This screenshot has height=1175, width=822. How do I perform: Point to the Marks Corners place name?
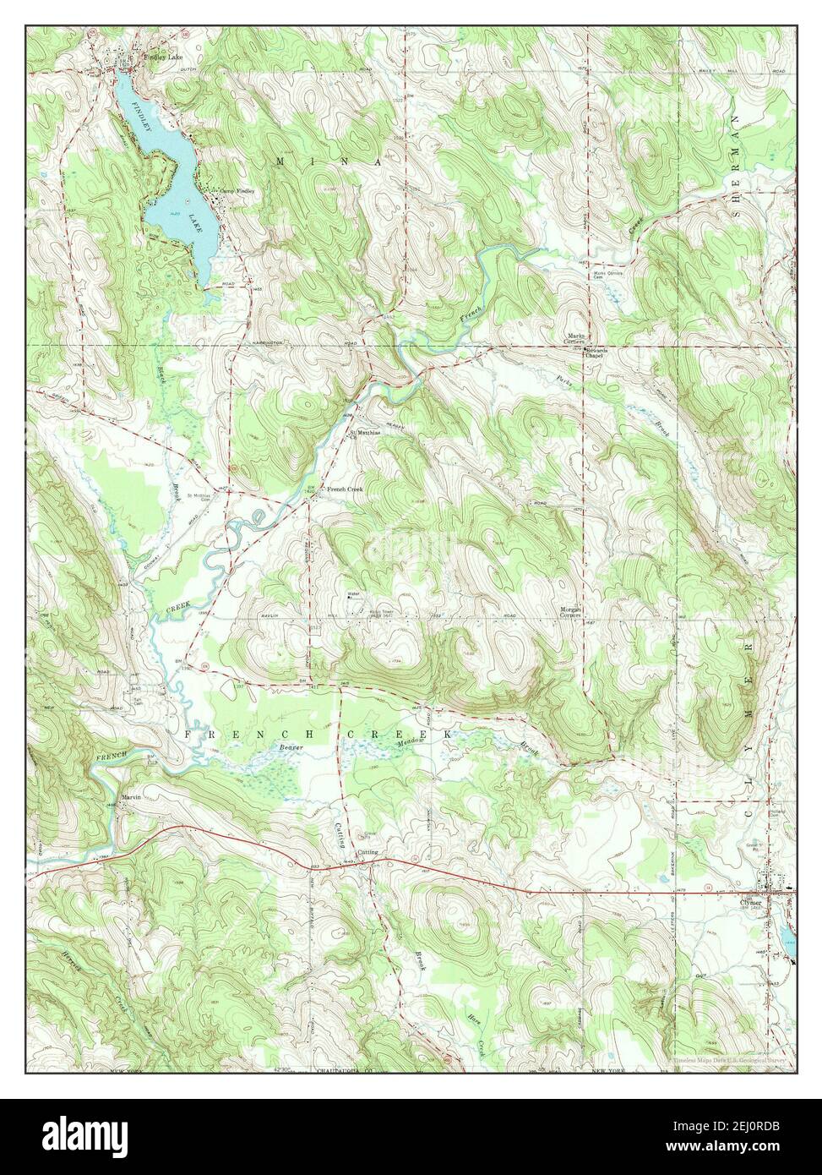click(576, 339)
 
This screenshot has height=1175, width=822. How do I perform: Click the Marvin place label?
click(130, 796)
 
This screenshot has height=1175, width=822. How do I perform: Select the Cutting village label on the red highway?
click(367, 852)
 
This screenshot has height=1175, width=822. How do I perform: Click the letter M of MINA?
click(280, 160)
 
